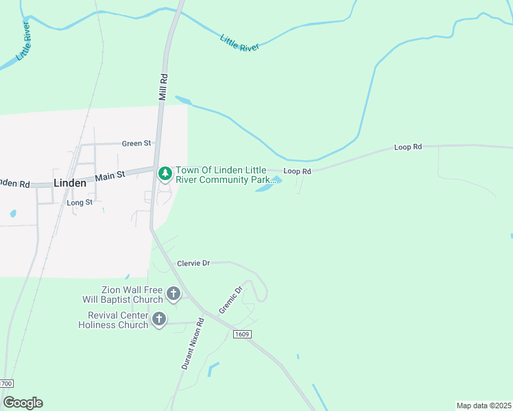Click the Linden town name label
coord(70,184)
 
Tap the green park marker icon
coord(165,174)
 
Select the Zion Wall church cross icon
coord(174,295)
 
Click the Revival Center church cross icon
coord(159,319)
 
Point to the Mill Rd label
coord(163,88)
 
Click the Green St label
coord(136,144)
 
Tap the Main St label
coord(110,176)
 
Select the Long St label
coord(80,203)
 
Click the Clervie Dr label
coord(193,263)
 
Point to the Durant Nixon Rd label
coord(193,344)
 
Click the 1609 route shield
coord(241,334)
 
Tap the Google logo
coord(23,403)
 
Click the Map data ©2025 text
coord(484,406)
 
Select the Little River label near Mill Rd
coord(240,43)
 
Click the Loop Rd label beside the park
coord(297,171)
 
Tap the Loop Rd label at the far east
coord(407,147)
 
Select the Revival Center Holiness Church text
coord(117,320)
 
